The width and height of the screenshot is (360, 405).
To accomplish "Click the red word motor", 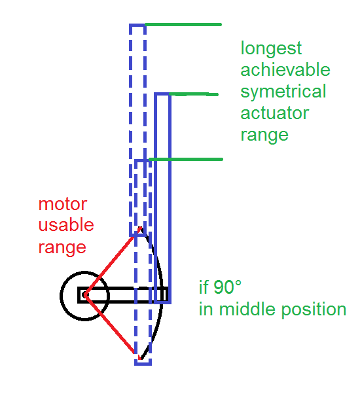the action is tap(63, 204).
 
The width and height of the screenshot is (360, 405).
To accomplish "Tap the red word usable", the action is tap(66, 224).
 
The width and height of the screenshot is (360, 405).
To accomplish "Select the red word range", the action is tap(62, 247).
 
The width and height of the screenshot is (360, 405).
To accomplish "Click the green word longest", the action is tap(271, 48).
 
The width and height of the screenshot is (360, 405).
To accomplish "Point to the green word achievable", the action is tap(285, 69).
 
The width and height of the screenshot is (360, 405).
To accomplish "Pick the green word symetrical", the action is tap(283, 92).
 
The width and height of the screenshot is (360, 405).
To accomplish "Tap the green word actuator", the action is tap(275, 113).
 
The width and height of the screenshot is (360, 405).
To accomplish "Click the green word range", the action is tap(264, 135).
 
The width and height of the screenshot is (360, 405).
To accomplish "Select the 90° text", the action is tap(227, 287).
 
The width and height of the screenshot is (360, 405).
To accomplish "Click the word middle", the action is tap(247, 309).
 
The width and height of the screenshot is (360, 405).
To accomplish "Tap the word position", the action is tap(314, 309).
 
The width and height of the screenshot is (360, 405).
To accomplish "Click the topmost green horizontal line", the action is tap(183, 25).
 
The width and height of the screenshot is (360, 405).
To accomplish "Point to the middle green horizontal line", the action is tap(194, 94).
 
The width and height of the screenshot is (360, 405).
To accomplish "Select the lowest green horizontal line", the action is tap(186, 160).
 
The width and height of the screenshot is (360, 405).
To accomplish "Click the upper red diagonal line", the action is tap(113, 261).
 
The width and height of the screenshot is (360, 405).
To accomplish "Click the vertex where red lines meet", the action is tap(85, 295).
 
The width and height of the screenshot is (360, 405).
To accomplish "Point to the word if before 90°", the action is tap(203, 287).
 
